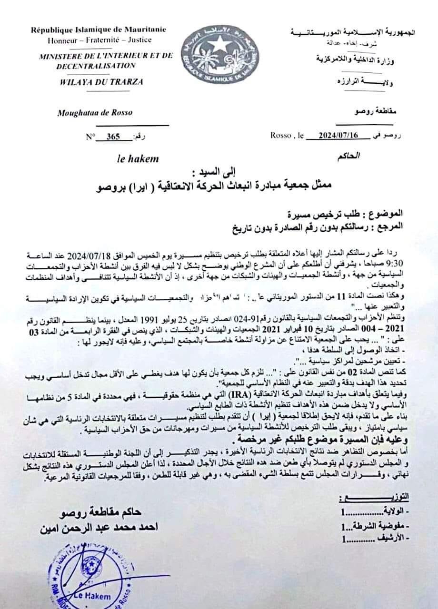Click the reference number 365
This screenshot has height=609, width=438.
click(x=113, y=137)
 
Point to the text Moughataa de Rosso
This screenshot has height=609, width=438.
click(x=95, y=113)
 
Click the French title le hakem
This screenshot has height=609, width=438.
click(x=138, y=159)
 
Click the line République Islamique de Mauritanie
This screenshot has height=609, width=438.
click(x=99, y=29)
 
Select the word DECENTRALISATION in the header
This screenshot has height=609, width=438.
click(x=96, y=66)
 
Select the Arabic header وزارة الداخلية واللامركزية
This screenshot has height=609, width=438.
click(x=365, y=59)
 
